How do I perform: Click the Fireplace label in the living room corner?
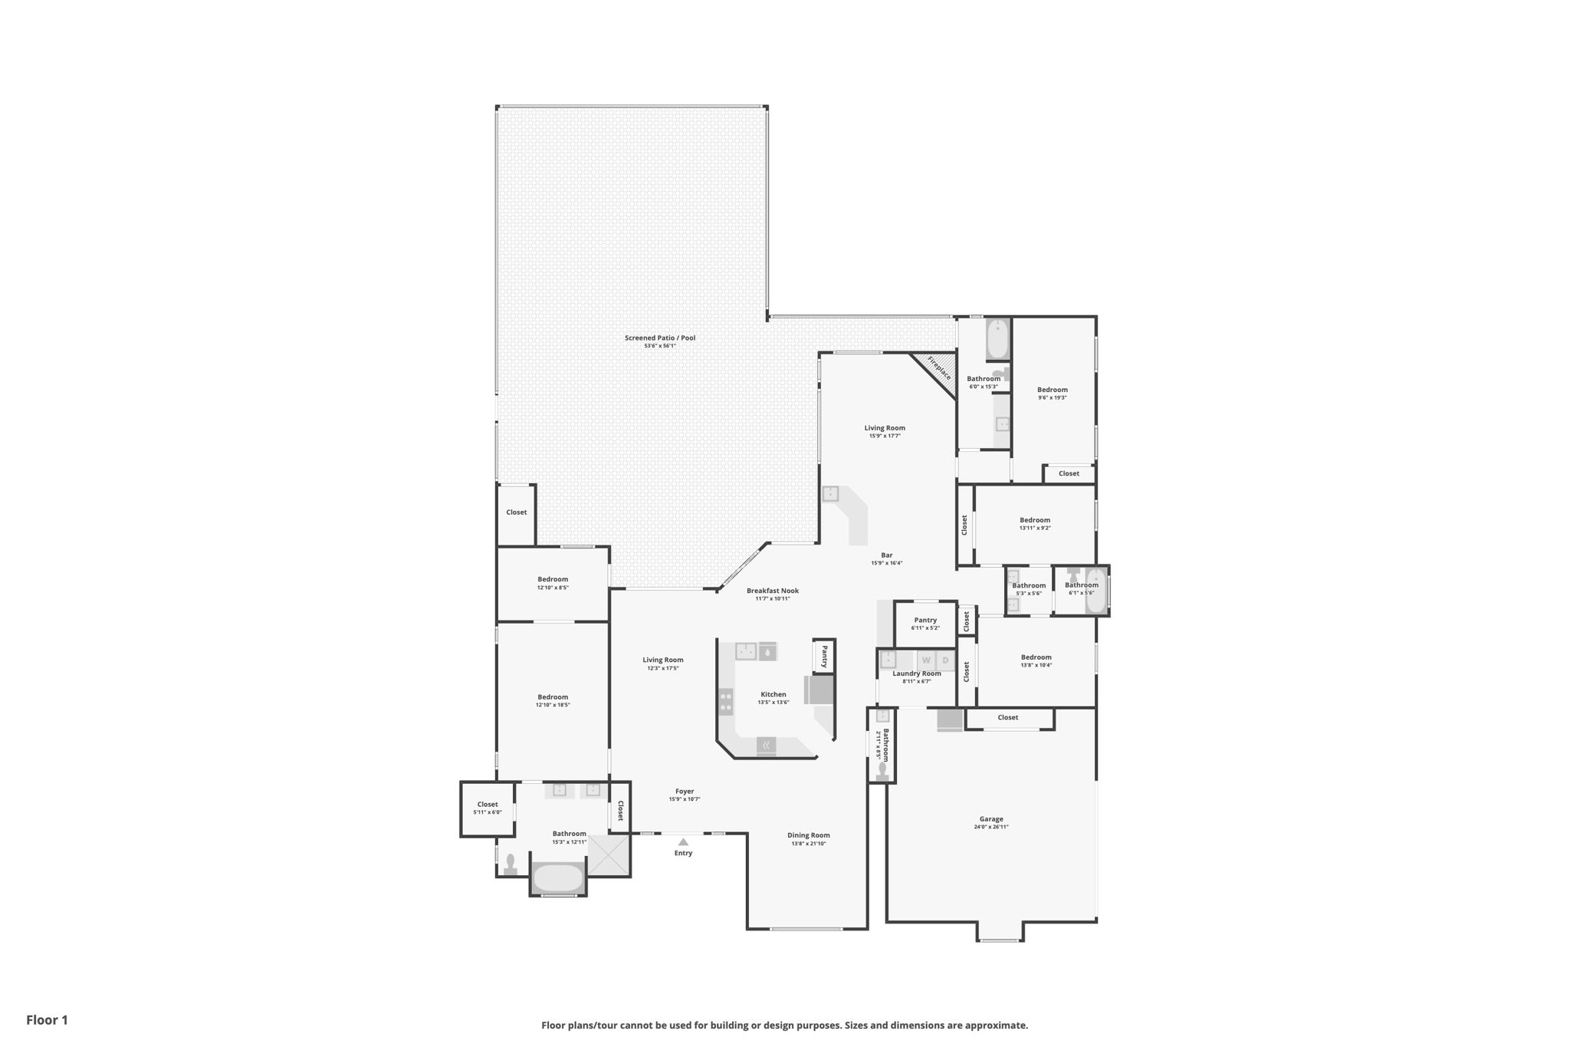939,368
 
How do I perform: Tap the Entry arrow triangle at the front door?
683,841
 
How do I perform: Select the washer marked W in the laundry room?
926,660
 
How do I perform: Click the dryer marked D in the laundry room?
945,660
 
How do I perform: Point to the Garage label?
990,819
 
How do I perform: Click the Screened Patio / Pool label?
659,337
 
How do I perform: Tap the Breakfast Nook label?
772,591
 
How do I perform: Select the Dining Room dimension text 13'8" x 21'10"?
808,844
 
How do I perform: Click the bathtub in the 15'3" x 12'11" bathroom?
558,878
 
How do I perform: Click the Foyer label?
685,791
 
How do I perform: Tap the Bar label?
886,555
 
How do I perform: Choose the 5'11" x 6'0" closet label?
488,805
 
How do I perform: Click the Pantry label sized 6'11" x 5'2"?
925,620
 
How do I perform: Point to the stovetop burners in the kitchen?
725,701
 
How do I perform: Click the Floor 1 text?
47,1020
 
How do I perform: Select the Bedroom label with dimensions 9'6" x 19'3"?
1052,390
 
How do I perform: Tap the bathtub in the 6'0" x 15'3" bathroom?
997,339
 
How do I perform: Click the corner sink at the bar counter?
830,494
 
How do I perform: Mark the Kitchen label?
773,694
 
